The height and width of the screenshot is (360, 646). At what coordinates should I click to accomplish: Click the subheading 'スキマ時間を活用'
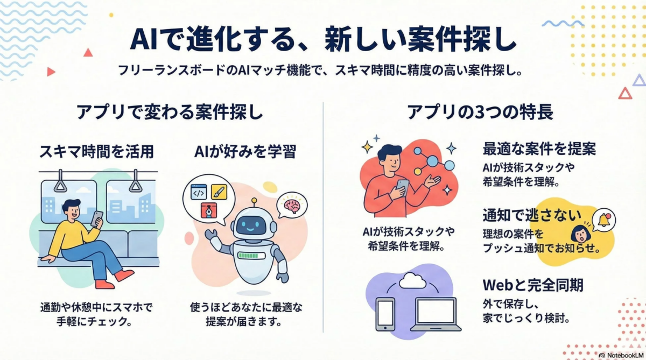(97, 152)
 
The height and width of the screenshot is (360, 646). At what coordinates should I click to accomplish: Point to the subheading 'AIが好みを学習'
(245, 152)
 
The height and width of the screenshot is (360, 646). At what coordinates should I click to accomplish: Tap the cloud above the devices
(413, 280)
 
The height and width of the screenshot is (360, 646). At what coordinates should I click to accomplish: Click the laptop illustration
(436, 314)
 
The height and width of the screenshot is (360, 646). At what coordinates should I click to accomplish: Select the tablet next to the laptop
(385, 314)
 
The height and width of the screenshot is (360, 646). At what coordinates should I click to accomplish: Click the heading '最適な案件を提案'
(539, 149)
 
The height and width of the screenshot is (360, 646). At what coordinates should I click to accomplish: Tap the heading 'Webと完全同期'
(532, 284)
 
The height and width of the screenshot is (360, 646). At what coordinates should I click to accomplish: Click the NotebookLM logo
(620, 355)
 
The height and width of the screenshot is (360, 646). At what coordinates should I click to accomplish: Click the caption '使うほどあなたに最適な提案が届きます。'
(246, 315)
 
